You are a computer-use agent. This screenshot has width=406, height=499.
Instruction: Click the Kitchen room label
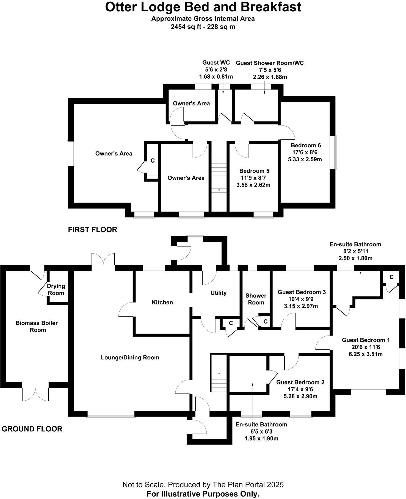coord(162,302)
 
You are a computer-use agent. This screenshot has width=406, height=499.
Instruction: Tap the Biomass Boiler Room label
coord(37,326)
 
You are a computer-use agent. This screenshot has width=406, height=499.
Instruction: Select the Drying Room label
coord(56,289)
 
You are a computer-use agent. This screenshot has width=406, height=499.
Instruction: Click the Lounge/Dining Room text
coord(130,357)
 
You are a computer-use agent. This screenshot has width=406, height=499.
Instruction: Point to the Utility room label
coord(219,293)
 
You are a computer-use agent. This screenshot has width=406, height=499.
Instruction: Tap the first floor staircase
coord(219,176)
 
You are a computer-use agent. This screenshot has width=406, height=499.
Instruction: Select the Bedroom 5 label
coord(254,171)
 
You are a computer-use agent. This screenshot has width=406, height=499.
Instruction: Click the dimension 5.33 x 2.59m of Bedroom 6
coord(305,159)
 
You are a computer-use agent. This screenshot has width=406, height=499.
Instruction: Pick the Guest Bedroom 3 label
coord(302,292)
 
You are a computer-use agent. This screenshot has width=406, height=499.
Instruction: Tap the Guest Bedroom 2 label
coord(300,382)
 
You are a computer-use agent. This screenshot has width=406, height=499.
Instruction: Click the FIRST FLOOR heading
coord(93,230)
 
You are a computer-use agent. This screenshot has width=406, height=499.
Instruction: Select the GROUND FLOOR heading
coord(32,429)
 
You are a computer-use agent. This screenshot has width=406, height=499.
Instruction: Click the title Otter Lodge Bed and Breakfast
coord(203,7)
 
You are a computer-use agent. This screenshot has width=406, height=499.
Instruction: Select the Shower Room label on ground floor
coord(256,299)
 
